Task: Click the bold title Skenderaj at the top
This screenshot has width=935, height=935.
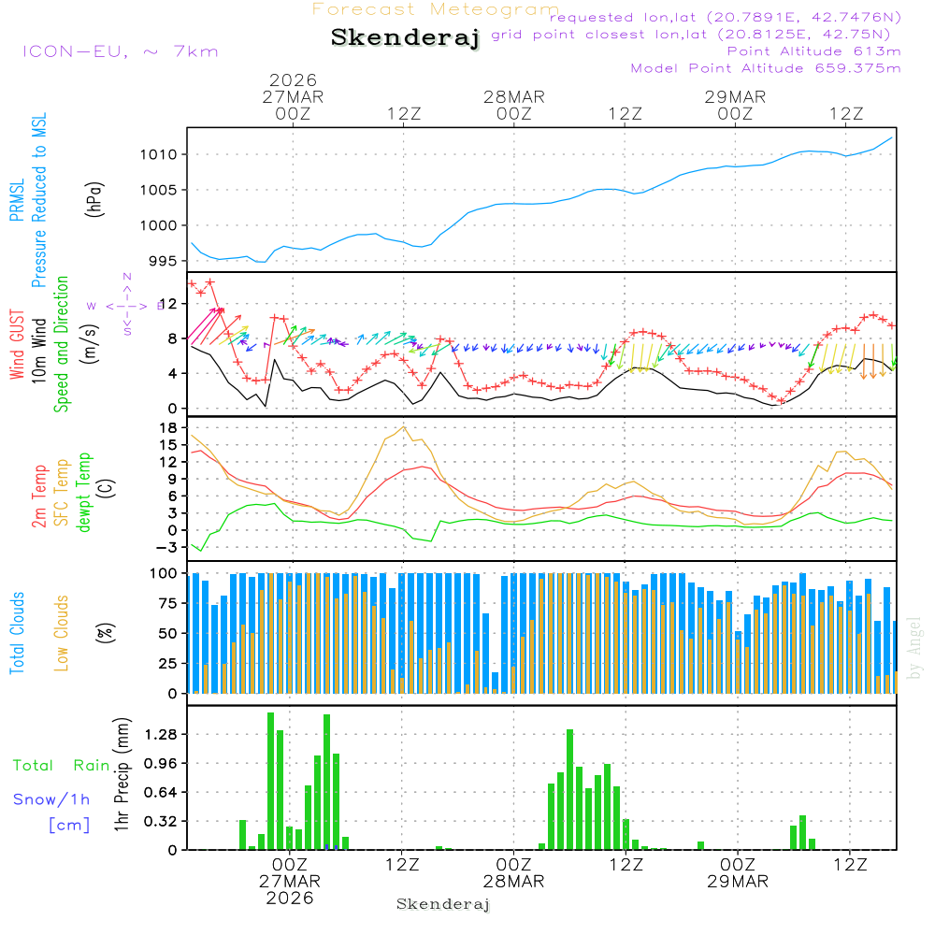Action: coord(405,38)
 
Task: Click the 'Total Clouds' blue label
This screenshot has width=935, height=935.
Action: coord(17,633)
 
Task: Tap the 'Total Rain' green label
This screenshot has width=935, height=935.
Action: coord(62,765)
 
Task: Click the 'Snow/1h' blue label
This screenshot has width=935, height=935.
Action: coord(52,799)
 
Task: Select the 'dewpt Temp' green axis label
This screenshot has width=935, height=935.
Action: coord(84,494)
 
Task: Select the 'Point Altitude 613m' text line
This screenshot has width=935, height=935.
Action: coord(813,51)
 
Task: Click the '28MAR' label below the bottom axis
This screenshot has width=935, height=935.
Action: coord(513,882)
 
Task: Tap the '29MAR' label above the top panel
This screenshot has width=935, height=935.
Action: coord(735,97)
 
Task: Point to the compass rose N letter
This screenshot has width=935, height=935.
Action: coord(127,277)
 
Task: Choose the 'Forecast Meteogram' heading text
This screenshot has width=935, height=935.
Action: coord(436,10)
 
